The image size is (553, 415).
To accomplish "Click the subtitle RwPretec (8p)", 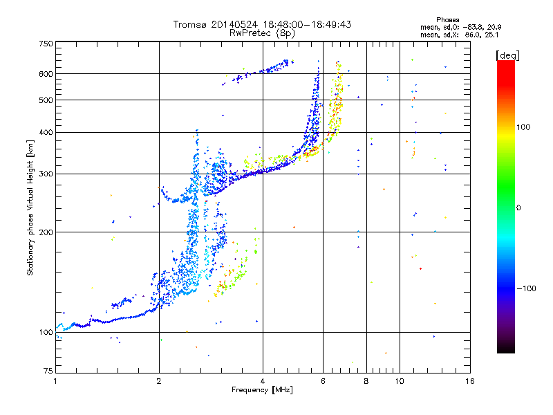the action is point(262,33).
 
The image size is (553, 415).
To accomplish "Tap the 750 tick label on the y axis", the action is point(46,44).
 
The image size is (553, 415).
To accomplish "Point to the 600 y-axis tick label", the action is point(46,74).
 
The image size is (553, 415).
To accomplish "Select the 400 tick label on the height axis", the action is point(46,132).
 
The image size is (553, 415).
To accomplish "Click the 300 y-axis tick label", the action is point(46,174).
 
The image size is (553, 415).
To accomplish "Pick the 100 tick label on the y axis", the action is point(46,332).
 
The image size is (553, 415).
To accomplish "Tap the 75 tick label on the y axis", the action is point(48,371).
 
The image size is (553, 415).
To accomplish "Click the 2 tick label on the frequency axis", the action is point(159,381).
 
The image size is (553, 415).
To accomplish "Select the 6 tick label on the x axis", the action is point(323,381).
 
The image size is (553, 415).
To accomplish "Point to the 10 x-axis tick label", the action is point(400,381).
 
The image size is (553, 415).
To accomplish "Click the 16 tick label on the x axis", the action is point(470,381).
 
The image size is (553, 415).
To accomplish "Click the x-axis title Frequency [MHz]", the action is point(262,390).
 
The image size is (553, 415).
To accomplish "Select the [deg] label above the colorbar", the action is point(507,55).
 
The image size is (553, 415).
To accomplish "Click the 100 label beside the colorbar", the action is point(523,127).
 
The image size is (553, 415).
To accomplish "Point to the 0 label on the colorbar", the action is point(518,208).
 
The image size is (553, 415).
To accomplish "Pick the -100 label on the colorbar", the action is point(526,288).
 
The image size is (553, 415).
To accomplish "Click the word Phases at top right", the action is point(448,20).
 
